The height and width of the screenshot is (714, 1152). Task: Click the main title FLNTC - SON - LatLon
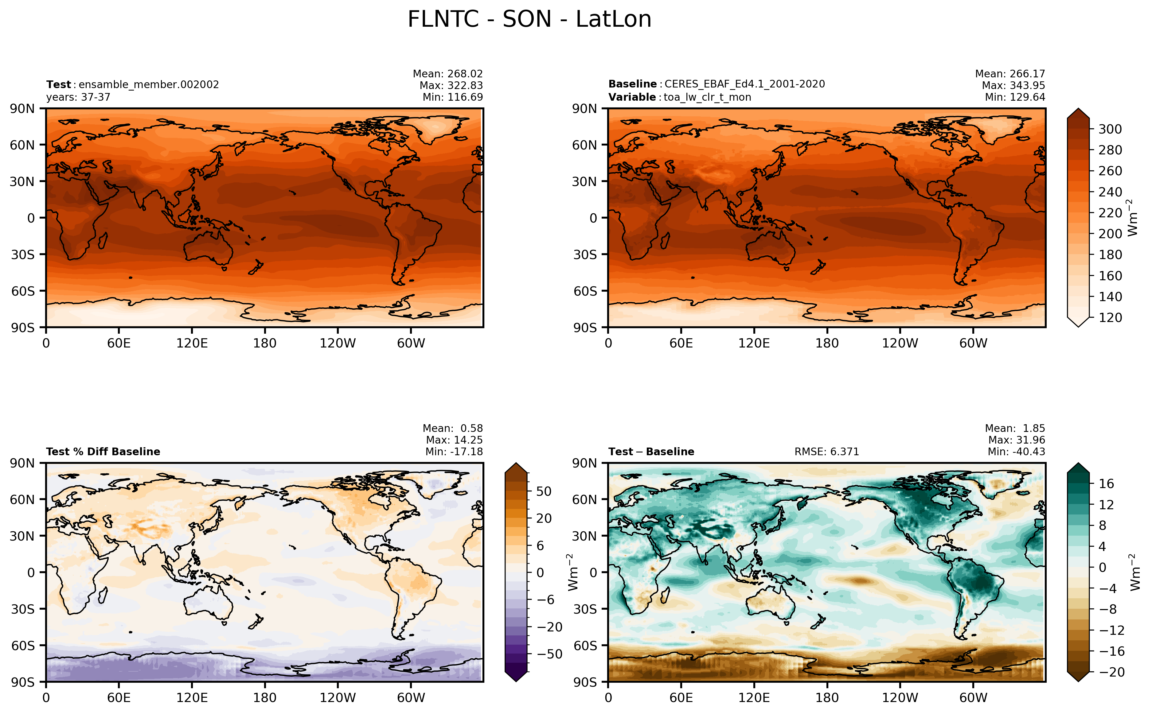pyautogui.click(x=529, y=19)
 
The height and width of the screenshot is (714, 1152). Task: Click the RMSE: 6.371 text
pyautogui.click(x=826, y=452)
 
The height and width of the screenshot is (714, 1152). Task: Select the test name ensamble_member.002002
pyautogui.click(x=149, y=84)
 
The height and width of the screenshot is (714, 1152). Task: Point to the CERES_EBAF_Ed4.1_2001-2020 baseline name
pyautogui.click(x=745, y=84)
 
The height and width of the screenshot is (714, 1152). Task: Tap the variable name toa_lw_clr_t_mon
pyautogui.click(x=707, y=97)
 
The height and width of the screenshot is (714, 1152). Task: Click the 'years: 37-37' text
pyautogui.click(x=78, y=97)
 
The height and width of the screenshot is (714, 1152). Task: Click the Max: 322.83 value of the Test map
pyautogui.click(x=451, y=85)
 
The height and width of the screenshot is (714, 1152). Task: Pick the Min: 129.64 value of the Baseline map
pyautogui.click(x=1015, y=97)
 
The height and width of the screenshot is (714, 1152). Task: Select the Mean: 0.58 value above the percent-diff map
pyautogui.click(x=452, y=428)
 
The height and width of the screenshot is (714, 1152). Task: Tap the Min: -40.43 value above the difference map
pyautogui.click(x=1017, y=452)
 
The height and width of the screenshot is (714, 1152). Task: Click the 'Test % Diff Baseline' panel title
pyautogui.click(x=103, y=452)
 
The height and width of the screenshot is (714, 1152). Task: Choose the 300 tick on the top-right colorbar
pyautogui.click(x=1110, y=129)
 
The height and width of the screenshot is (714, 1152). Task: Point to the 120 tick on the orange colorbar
pyautogui.click(x=1110, y=317)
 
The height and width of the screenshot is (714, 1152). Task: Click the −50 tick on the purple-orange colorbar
pyautogui.click(x=550, y=654)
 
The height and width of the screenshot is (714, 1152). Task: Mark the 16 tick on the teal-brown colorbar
pyautogui.click(x=1106, y=483)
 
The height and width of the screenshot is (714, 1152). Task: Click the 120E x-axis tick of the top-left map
pyautogui.click(x=192, y=343)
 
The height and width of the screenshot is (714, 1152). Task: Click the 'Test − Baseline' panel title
pyautogui.click(x=651, y=452)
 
